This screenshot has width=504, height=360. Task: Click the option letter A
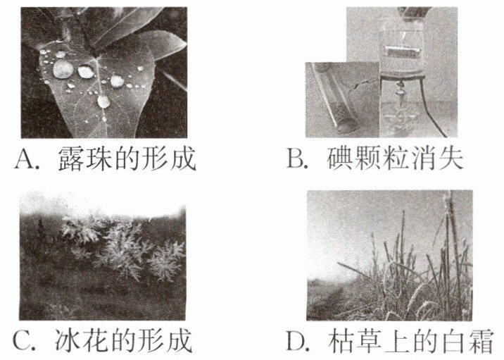coord(25,159)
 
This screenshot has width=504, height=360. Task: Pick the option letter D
coord(296,340)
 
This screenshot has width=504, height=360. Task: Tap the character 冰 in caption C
coord(67,340)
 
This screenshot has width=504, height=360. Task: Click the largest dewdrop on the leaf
coord(63,69)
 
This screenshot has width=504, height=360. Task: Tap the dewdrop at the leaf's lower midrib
coord(103,101)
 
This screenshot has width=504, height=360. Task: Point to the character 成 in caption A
coord(183,159)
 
